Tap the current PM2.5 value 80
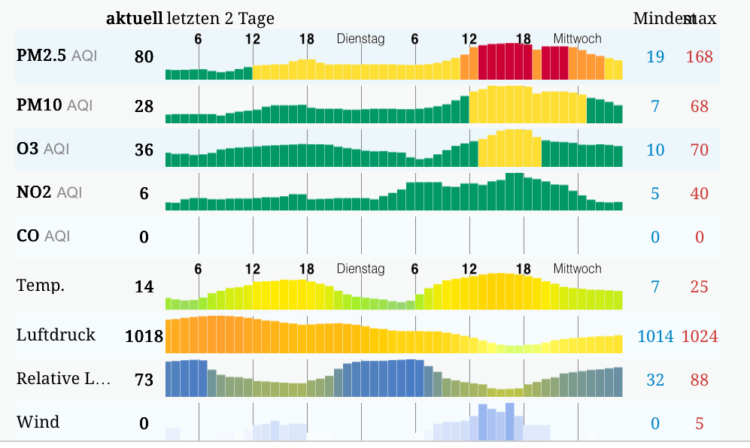point(144,56)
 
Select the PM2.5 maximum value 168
point(699,56)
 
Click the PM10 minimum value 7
point(655,106)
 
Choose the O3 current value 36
point(144,150)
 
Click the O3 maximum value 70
point(699,150)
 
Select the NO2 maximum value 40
point(699,193)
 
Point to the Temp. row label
point(41,286)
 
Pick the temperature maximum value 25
point(699,286)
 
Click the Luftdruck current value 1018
point(144,336)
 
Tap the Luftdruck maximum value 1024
point(699,336)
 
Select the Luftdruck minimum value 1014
point(655,336)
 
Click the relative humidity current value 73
point(144,380)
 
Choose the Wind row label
point(38,422)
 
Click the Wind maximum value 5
point(699,423)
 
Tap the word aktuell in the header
point(134,18)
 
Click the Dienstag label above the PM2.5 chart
point(360,39)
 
